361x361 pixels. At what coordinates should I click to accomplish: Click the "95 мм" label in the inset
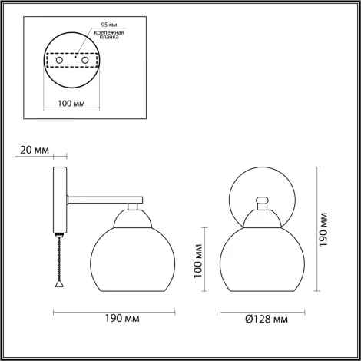99,24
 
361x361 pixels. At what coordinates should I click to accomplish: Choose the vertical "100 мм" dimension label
197,260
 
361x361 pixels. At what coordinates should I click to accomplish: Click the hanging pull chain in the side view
59,257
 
